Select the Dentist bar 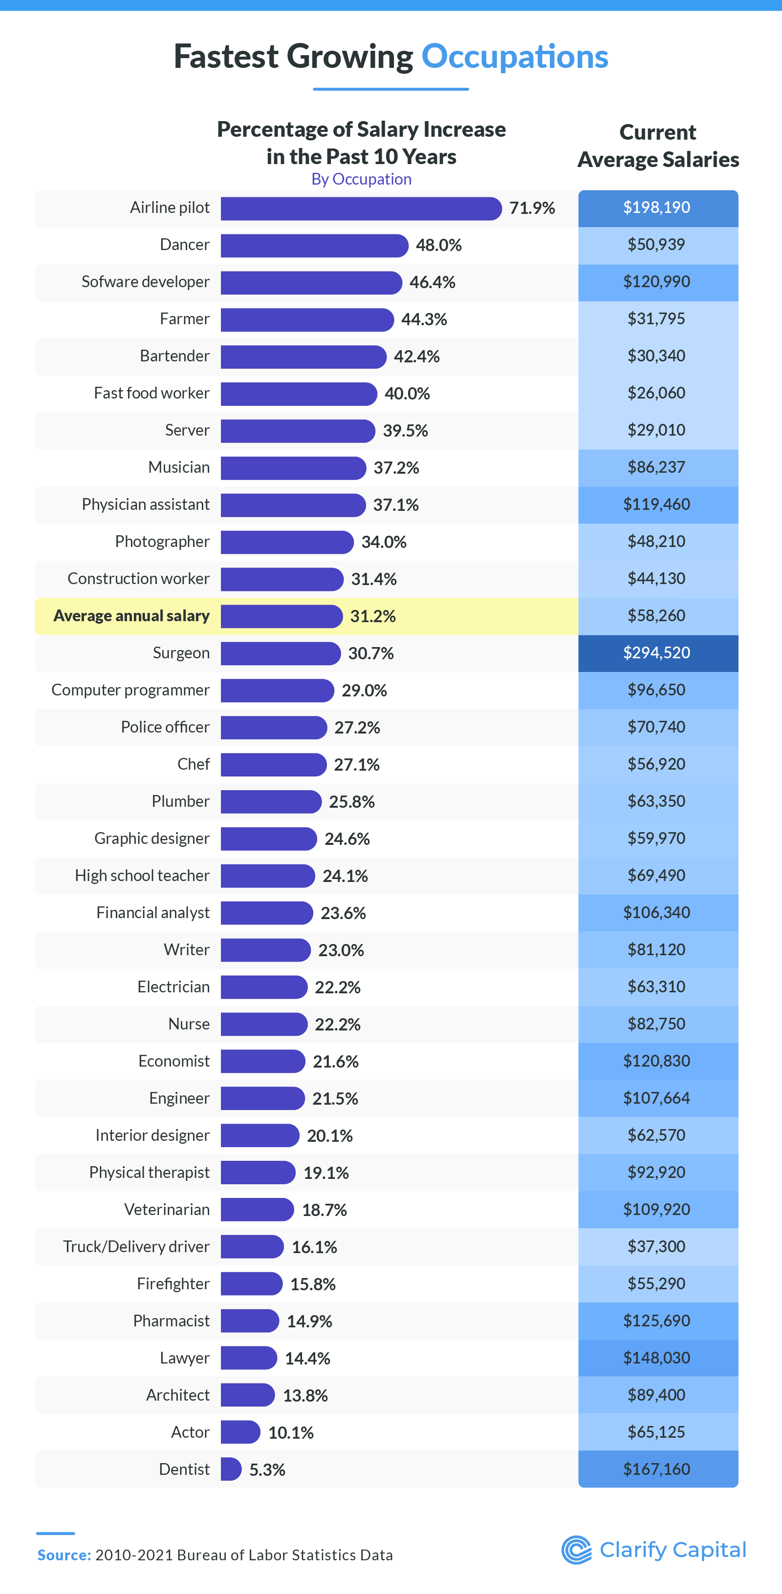pyautogui.click(x=230, y=1469)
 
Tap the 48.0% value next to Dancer pyautogui.click(x=438, y=246)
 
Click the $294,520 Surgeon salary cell pyautogui.click(x=657, y=653)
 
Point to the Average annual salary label pyautogui.click(x=131, y=616)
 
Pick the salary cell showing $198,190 pyautogui.click(x=657, y=208)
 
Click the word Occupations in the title pyautogui.click(x=515, y=57)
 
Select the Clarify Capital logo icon pyautogui.click(x=576, y=1550)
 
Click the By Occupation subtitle pyautogui.click(x=361, y=179)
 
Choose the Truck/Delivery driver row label pyautogui.click(x=136, y=1246)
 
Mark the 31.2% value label pyautogui.click(x=373, y=616)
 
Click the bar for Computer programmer pyautogui.click(x=277, y=691)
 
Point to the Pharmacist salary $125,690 pyautogui.click(x=657, y=1321)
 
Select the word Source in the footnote pyautogui.click(x=64, y=1555)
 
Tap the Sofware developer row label pyautogui.click(x=146, y=282)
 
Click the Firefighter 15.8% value pyautogui.click(x=313, y=1284)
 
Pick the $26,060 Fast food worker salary pyautogui.click(x=657, y=394)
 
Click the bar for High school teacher pyautogui.click(x=267, y=876)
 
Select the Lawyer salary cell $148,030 pyautogui.click(x=657, y=1358)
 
